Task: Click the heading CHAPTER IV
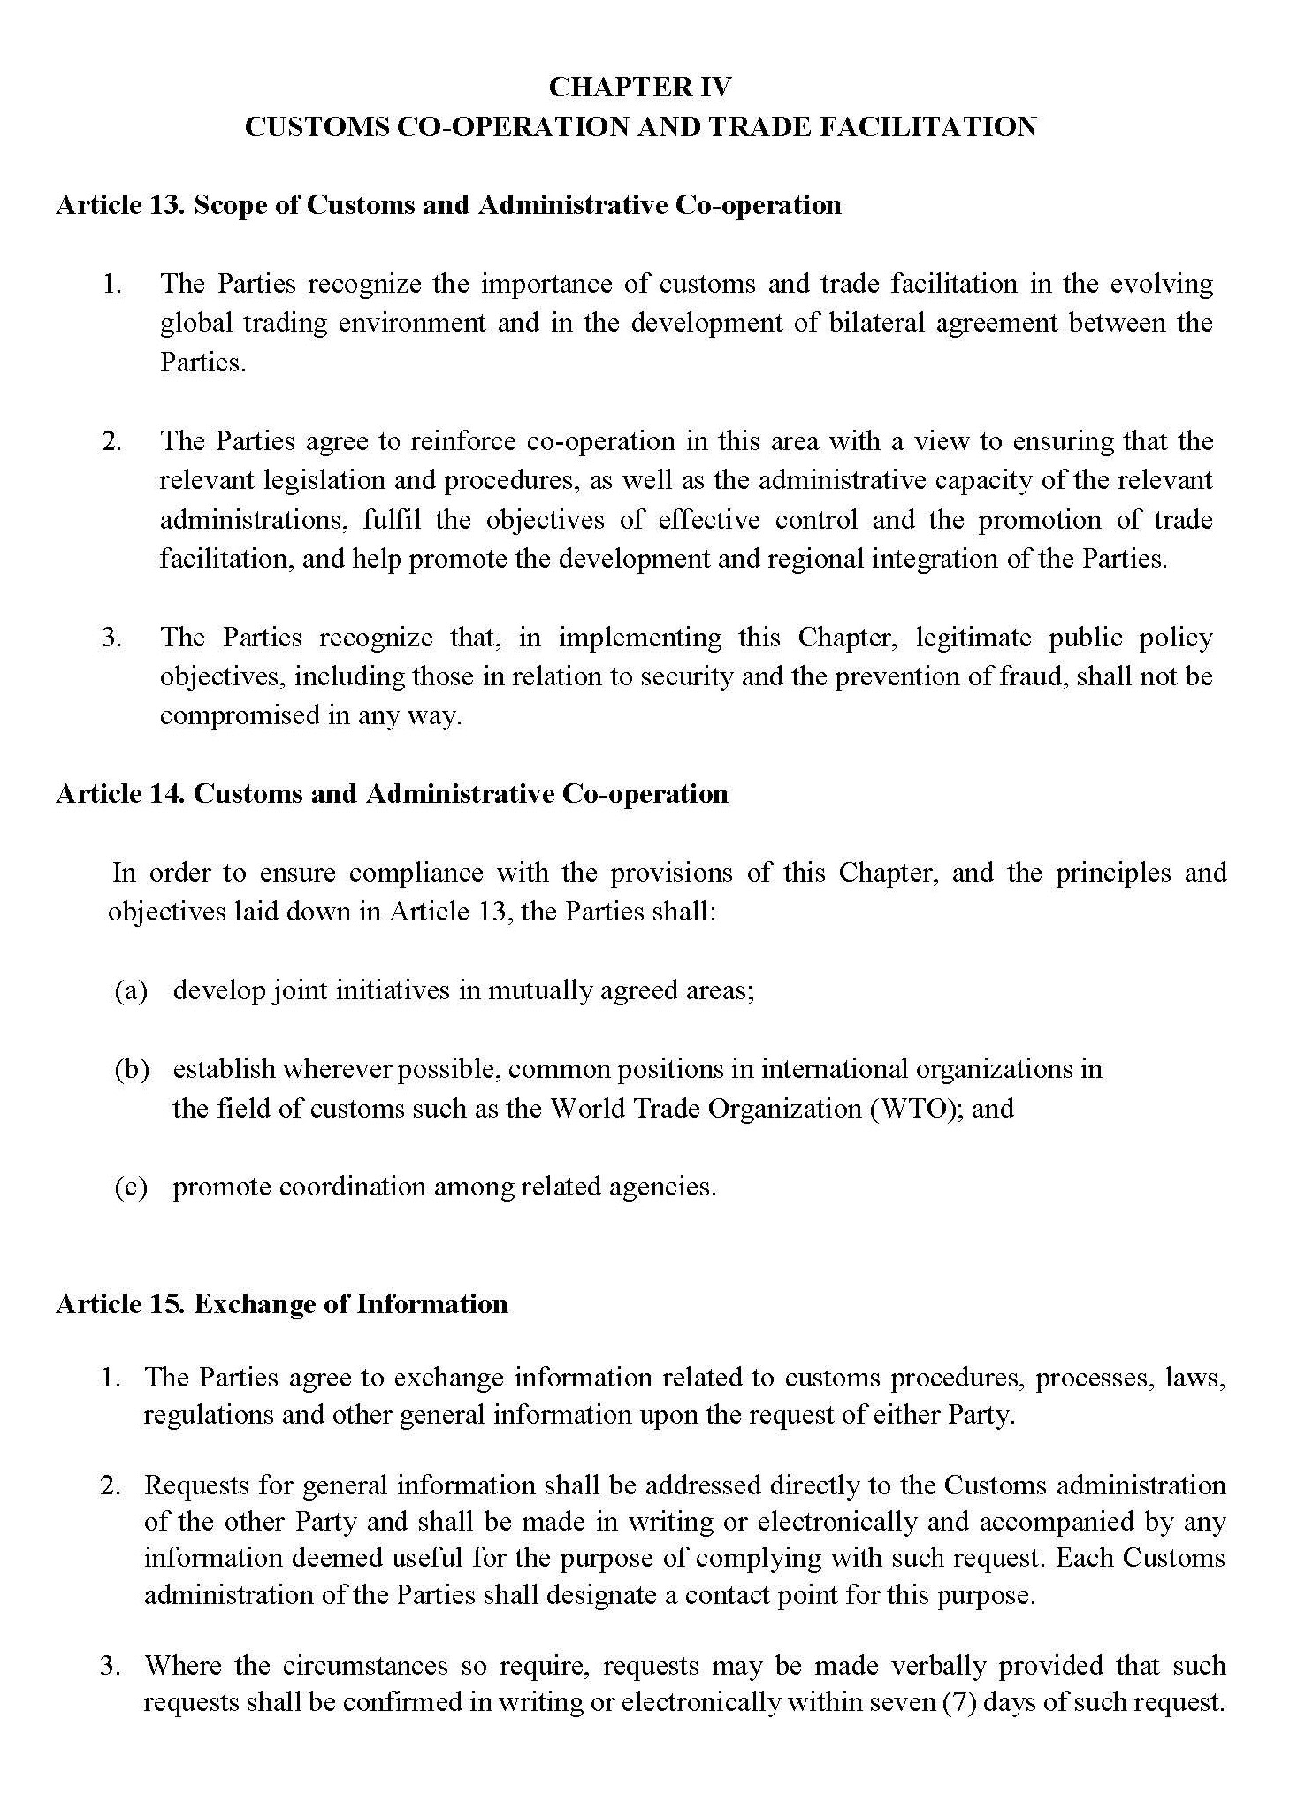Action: pyautogui.click(x=640, y=87)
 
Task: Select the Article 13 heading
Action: pyautogui.click(x=448, y=205)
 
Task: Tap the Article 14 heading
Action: pyautogui.click(x=392, y=794)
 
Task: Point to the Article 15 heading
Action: pyautogui.click(x=281, y=1304)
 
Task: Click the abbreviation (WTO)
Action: pyautogui.click(x=917, y=1109)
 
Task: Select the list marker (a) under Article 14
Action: pyautogui.click(x=131, y=990)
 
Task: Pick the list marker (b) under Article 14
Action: pyautogui.click(x=132, y=1070)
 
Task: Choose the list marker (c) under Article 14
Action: pyautogui.click(x=131, y=1187)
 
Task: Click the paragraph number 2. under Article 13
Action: pyautogui.click(x=111, y=441)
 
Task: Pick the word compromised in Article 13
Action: pyautogui.click(x=240, y=715)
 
